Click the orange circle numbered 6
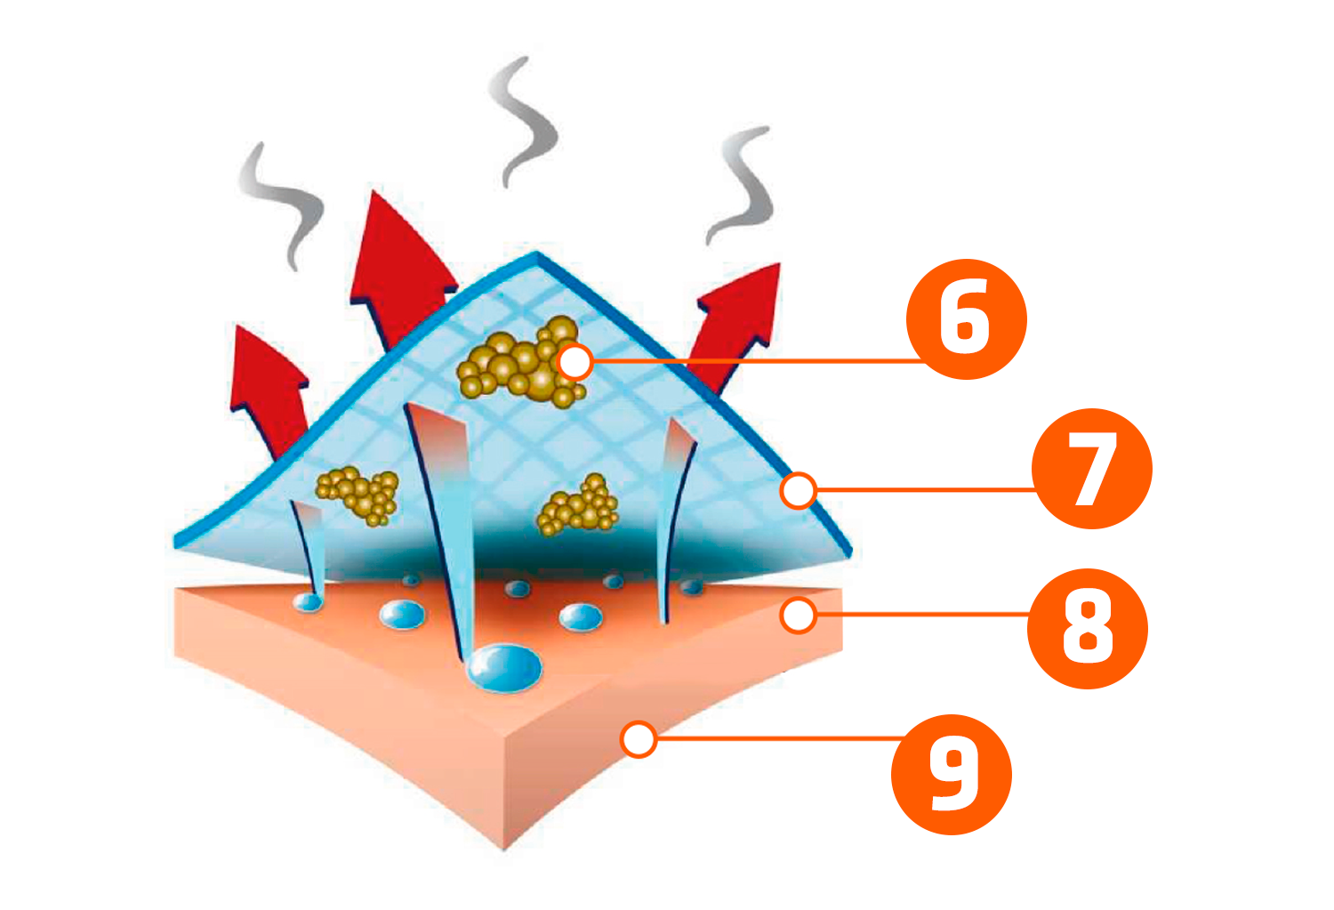[x=966, y=319]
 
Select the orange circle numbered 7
[x=1091, y=469]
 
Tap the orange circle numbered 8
[x=1087, y=629]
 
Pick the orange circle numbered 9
[x=951, y=774]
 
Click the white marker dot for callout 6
[x=575, y=362]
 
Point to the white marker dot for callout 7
[x=799, y=489]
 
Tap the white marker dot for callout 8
[x=799, y=614]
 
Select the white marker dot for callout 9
[x=639, y=739]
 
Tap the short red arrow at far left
[x=267, y=383]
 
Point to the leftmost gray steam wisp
[x=280, y=205]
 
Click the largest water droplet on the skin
[x=504, y=667]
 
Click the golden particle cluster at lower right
[x=579, y=507]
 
